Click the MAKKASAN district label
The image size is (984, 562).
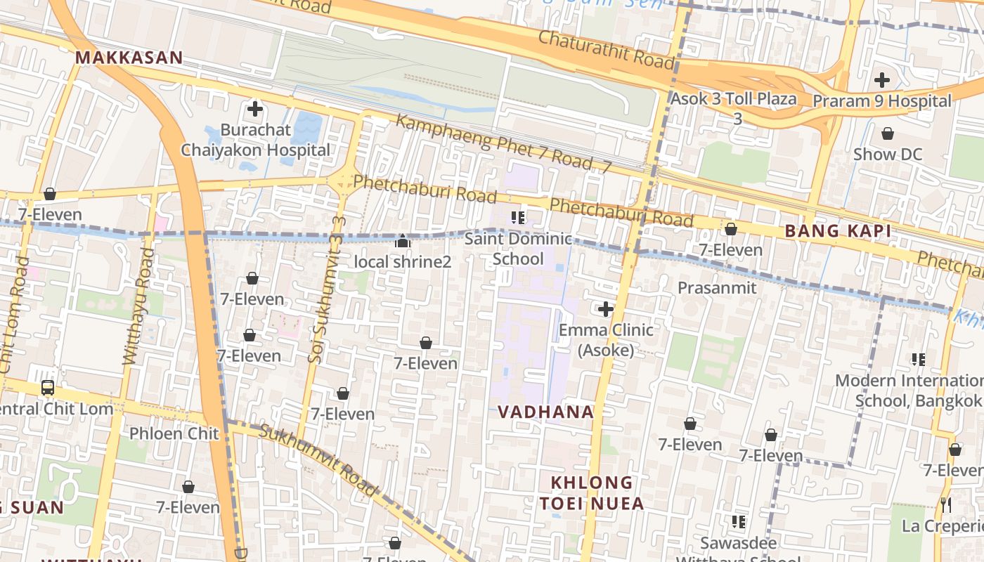(x=129, y=58)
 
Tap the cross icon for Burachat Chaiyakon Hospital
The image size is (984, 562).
(x=255, y=109)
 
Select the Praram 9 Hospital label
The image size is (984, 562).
(x=881, y=101)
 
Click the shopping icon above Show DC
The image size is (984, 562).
(x=887, y=133)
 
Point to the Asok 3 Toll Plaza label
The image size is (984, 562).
(x=734, y=99)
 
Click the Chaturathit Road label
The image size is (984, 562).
(x=606, y=49)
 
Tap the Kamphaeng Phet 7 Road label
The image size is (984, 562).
(x=503, y=144)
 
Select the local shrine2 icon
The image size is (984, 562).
(x=402, y=241)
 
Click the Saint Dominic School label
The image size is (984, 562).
(x=518, y=249)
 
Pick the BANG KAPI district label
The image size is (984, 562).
(x=838, y=230)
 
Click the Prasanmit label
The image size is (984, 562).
(x=716, y=287)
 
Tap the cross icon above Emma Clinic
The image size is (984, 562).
(x=605, y=308)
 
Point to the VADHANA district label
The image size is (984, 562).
(x=545, y=412)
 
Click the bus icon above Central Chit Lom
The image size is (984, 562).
(x=47, y=387)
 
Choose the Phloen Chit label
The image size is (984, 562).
(x=174, y=433)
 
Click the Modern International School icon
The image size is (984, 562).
(x=918, y=360)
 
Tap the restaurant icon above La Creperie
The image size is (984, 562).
(x=946, y=504)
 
